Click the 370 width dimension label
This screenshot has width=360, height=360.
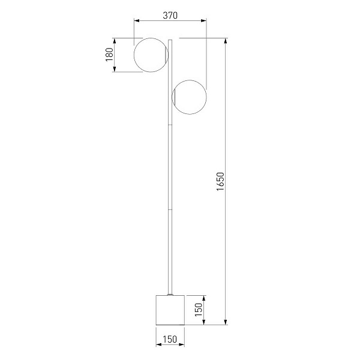click(x=170, y=16)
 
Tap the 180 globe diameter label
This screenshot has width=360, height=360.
click(x=110, y=55)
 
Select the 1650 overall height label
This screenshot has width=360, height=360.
click(x=220, y=181)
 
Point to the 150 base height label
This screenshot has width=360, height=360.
click(x=199, y=310)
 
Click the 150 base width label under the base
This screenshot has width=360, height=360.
click(x=170, y=339)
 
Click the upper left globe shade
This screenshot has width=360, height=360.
click(x=134, y=55)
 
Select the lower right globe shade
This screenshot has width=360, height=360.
click(x=206, y=97)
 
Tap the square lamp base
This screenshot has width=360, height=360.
click(x=170, y=310)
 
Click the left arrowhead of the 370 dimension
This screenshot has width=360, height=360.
click(x=137, y=20)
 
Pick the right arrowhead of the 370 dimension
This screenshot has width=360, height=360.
click(x=203, y=20)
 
